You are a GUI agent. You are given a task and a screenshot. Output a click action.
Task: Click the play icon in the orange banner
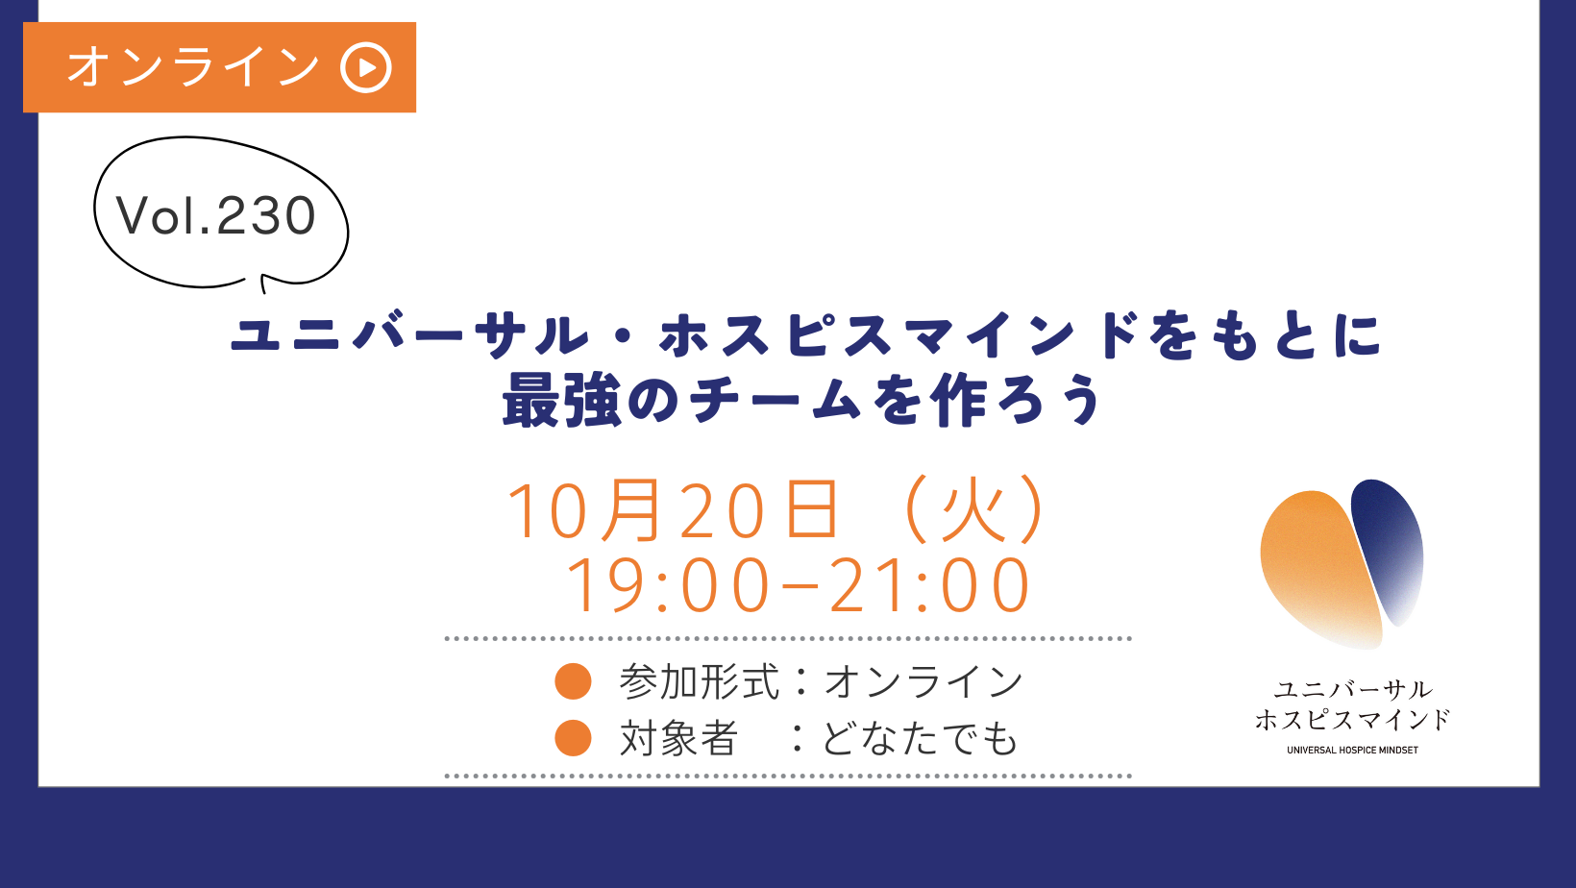(366, 67)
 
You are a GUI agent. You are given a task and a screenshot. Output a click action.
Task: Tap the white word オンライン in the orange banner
(193, 67)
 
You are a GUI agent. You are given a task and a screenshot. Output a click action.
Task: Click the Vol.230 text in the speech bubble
(216, 215)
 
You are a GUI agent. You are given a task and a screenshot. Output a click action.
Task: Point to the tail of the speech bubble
(263, 284)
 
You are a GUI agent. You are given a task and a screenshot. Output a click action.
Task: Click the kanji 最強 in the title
(561, 400)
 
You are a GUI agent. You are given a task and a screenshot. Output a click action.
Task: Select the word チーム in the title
(776, 400)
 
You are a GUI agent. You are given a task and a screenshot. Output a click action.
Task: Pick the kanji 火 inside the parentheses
(973, 509)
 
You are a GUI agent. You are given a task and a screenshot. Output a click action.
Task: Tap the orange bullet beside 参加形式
(573, 681)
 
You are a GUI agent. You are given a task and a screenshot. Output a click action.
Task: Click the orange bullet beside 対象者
(573, 737)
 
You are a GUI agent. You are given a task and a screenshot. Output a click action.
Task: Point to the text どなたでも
(921, 738)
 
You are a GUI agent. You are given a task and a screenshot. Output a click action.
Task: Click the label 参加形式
(700, 681)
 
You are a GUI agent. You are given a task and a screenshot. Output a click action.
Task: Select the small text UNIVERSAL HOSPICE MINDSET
(1352, 750)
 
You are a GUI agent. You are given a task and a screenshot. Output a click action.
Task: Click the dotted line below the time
(788, 639)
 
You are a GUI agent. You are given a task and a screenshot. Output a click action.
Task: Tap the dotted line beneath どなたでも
(788, 777)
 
